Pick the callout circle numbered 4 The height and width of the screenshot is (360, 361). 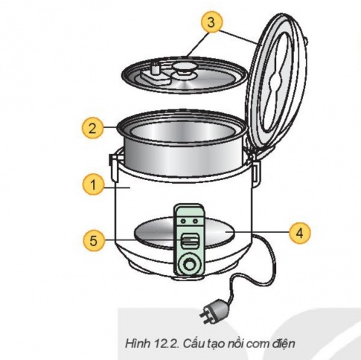298,232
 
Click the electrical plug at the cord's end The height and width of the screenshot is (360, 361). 215,306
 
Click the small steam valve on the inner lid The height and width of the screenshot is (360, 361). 156,71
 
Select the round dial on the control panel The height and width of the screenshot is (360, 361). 190,265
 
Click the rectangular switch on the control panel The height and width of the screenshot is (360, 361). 189,240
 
